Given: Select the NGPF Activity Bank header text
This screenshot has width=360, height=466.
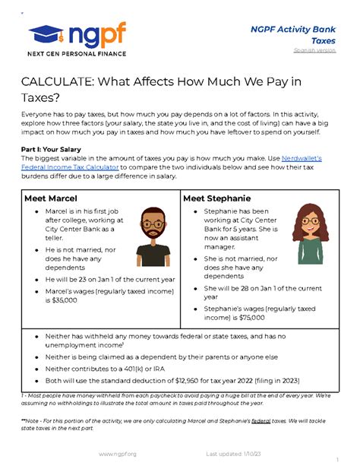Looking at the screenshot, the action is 292,28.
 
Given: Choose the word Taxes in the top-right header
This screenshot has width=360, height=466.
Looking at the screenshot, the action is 324,39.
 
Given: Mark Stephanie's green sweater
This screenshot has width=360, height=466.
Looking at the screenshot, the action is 311,251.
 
